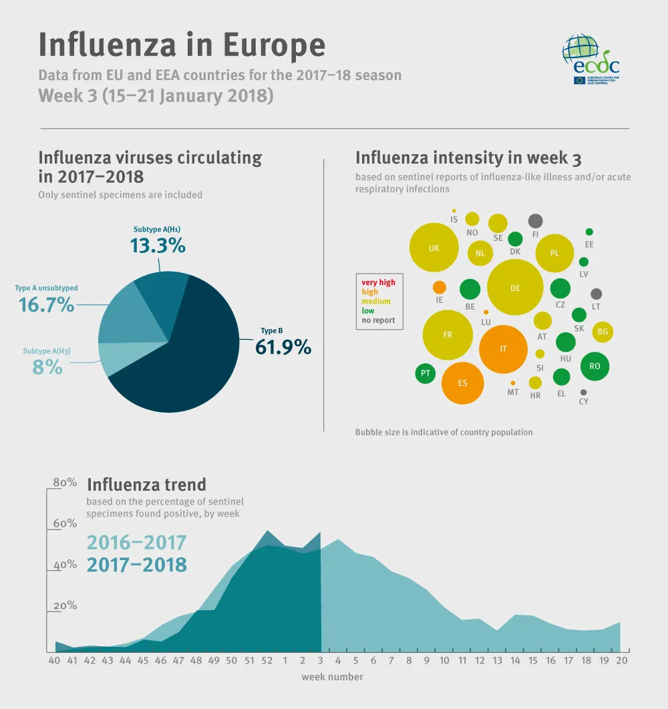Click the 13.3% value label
[x=157, y=245]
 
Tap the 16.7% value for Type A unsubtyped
[x=46, y=304]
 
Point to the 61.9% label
[x=283, y=346]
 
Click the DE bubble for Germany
[x=514, y=288]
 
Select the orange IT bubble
[x=504, y=349]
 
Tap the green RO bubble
[x=595, y=366]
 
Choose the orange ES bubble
[x=462, y=383]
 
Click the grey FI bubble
[x=535, y=221]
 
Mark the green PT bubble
[x=425, y=373]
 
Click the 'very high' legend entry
[x=378, y=282]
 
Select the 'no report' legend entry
[x=378, y=320]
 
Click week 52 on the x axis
[x=267, y=660]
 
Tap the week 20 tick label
[x=620, y=660]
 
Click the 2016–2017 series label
[x=136, y=542]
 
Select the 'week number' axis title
[x=332, y=677]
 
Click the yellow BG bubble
[x=603, y=332]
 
